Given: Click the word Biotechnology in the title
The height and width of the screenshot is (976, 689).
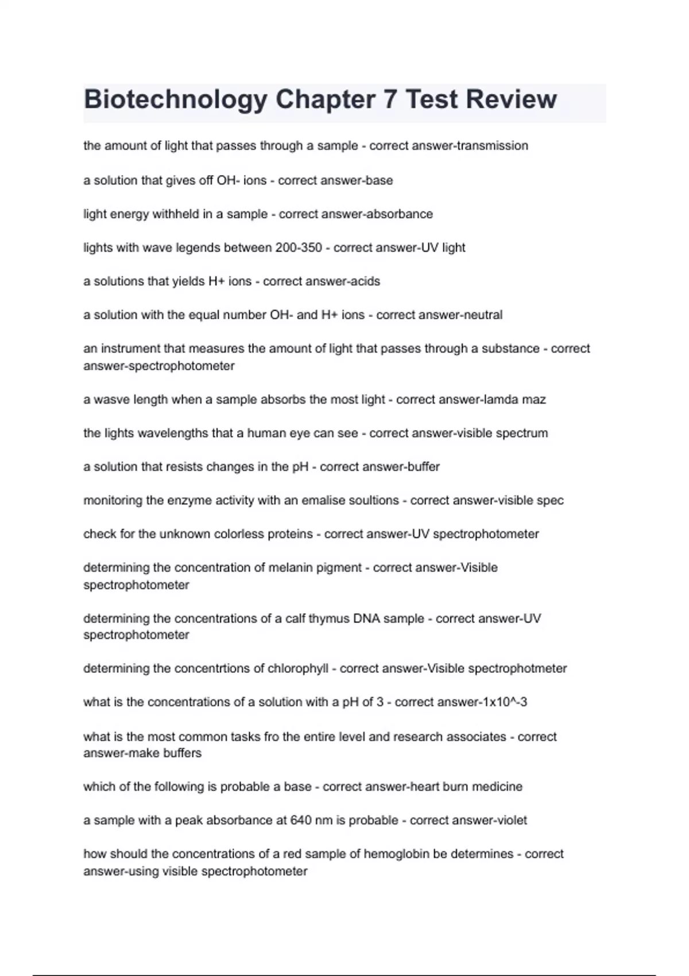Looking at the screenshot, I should click(175, 99).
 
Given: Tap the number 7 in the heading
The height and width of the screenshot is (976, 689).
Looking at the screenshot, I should click(390, 99).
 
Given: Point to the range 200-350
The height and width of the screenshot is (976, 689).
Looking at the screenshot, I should click(299, 248).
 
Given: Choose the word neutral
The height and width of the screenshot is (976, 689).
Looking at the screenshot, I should click(480, 315).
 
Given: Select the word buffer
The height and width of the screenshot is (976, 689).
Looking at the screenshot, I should click(423, 467).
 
